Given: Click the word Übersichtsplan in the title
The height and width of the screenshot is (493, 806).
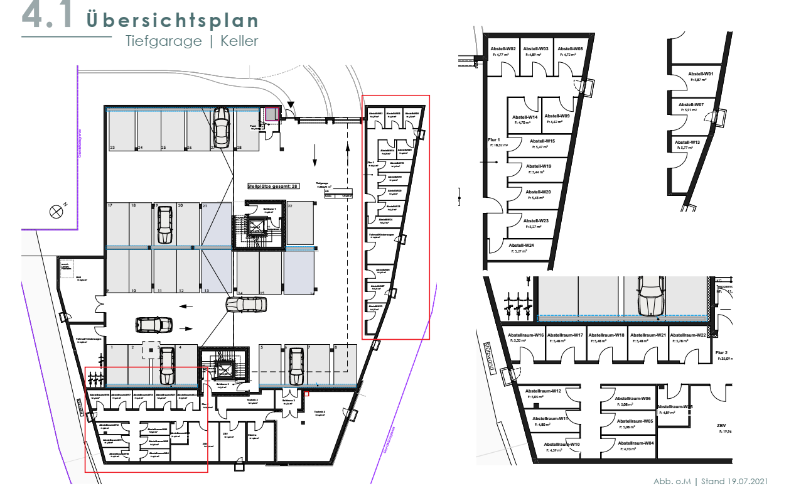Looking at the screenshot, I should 173,20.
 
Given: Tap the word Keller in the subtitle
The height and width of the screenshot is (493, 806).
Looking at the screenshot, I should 239,41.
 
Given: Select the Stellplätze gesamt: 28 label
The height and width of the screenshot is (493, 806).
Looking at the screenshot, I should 274,186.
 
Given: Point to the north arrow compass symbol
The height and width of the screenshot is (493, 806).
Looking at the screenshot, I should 57,211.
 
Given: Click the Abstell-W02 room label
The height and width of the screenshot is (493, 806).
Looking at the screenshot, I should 503,48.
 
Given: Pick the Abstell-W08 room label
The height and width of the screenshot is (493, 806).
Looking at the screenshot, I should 571,48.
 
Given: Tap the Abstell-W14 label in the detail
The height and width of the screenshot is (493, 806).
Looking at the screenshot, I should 524,117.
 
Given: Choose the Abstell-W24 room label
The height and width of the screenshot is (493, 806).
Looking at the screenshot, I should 521,245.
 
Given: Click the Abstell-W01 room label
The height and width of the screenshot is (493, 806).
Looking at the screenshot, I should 700,73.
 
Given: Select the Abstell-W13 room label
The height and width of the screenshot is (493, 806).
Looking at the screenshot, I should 687,142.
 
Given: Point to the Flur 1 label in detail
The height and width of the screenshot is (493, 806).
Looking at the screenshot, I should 494,139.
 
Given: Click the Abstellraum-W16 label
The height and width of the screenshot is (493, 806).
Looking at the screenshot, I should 525,335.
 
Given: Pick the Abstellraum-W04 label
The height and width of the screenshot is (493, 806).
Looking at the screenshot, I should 635,443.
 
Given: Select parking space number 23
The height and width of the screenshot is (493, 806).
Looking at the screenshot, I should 112,148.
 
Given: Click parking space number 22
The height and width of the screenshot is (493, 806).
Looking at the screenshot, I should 290,205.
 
